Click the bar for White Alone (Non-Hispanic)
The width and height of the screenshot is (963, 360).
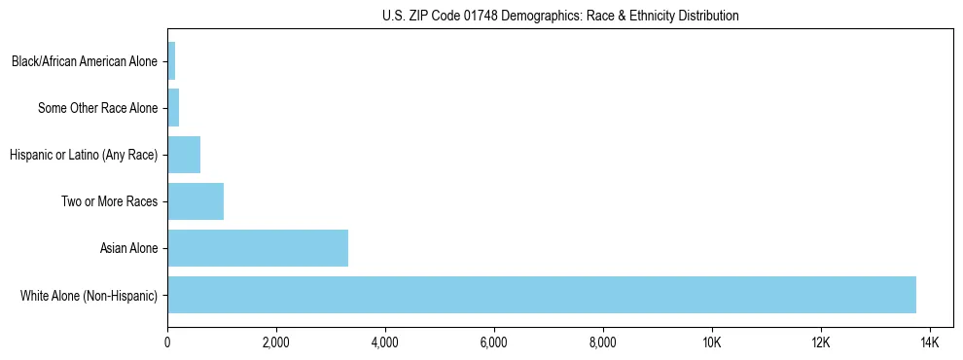[542, 295]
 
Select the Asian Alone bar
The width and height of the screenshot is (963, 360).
[258, 248]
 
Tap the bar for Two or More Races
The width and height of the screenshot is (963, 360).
[196, 201]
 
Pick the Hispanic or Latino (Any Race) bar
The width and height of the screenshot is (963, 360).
[184, 155]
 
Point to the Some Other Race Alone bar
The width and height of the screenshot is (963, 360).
[173, 108]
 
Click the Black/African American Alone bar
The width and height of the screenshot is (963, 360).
[171, 61]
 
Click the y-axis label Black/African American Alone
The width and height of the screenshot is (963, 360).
[84, 61]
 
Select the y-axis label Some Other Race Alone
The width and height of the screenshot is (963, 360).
[97, 108]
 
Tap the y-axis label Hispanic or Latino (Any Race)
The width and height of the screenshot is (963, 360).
[83, 155]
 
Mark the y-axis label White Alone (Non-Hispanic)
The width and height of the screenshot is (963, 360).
[89, 295]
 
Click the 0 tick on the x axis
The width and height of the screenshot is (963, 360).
[167, 342]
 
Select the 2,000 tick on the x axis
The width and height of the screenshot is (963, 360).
[276, 342]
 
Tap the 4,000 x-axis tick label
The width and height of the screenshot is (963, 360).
[385, 342]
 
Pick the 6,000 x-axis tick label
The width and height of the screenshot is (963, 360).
[494, 342]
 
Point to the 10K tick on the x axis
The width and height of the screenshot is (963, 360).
[712, 342]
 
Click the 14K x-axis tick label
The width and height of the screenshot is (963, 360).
[929, 342]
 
